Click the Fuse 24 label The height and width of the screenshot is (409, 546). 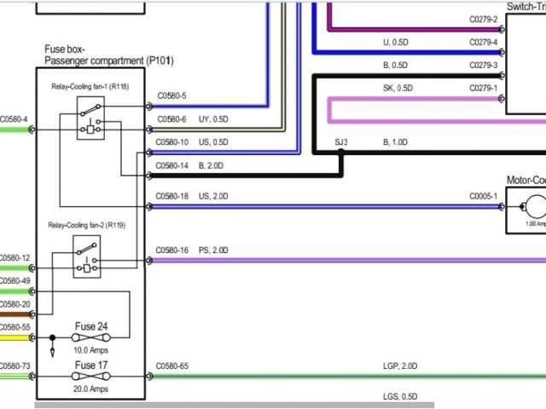91,326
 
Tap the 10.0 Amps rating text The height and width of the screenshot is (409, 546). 91,350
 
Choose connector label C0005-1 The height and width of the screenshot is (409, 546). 483,196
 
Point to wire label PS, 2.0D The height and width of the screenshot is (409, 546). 214,251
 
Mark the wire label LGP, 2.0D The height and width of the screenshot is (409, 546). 400,366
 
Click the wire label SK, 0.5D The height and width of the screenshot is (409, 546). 398,88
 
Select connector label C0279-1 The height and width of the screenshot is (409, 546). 483,88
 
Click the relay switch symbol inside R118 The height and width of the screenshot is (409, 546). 90,107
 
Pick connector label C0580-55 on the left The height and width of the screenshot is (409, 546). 15,327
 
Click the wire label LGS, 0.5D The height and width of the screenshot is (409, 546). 400,396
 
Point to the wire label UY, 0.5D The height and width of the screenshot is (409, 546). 214,119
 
